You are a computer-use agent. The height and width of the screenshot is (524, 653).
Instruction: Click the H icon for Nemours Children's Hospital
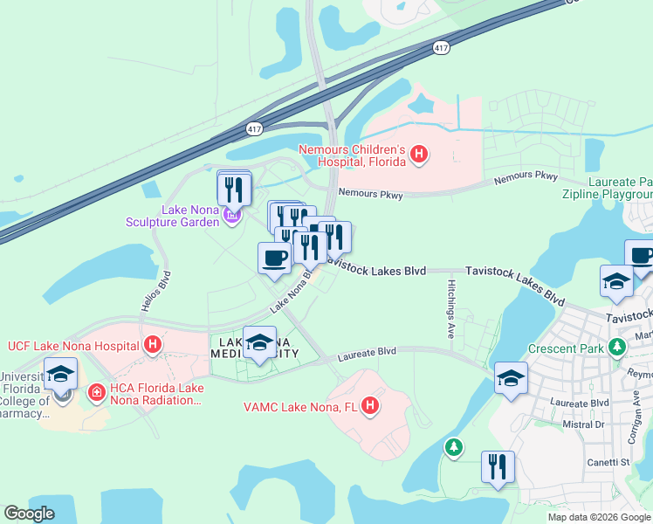pos(419,155)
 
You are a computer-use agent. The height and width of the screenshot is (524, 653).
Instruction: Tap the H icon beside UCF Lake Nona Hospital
pos(153,345)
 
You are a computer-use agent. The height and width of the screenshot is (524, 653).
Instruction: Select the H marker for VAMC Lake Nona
pos(370,406)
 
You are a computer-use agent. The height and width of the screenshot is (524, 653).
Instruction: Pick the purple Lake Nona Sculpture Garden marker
pos(231,215)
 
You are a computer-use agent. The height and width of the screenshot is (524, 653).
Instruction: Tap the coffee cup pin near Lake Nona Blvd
pos(274,259)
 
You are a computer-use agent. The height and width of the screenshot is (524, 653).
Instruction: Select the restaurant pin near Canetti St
pos(498,466)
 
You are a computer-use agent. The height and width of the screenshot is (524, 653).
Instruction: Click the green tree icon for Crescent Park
pos(617,348)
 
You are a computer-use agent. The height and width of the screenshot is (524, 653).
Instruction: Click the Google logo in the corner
pos(29,514)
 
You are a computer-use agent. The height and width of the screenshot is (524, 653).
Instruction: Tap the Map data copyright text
pos(599,517)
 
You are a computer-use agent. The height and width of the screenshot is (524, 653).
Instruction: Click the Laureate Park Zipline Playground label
pos(620,188)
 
